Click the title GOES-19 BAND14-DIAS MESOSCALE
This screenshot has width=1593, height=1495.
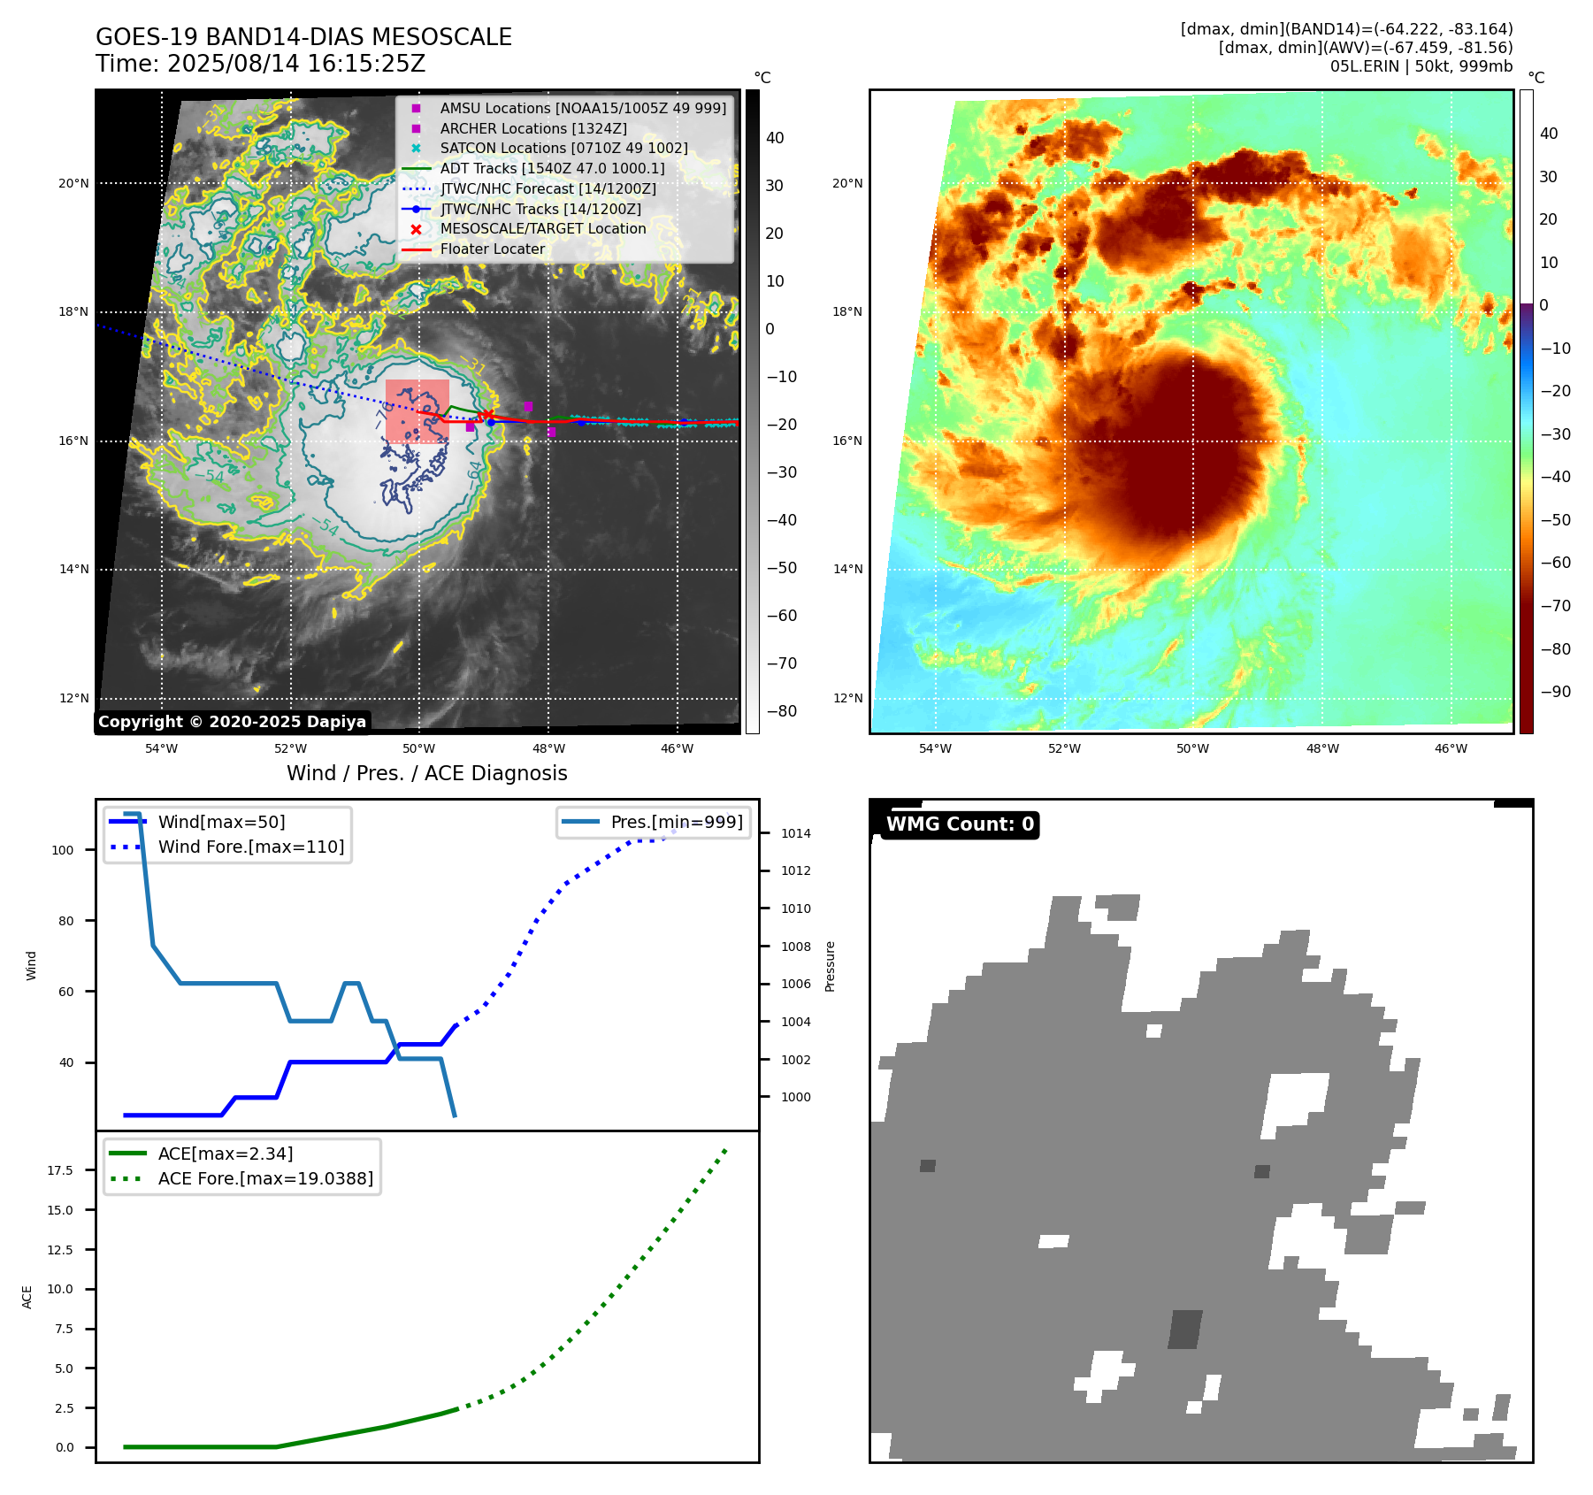click(x=303, y=37)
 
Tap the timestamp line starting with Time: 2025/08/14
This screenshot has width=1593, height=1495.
click(x=260, y=64)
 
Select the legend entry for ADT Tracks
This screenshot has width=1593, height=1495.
click(x=552, y=168)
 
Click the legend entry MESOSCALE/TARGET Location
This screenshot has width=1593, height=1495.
click(x=542, y=228)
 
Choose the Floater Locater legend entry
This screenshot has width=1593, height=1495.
click(x=492, y=249)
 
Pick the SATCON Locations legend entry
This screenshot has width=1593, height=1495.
click(x=563, y=148)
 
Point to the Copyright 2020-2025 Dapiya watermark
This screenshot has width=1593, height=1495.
click(x=232, y=722)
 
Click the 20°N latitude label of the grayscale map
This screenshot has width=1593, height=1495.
click(x=73, y=184)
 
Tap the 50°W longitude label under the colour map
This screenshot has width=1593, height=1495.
click(x=1192, y=748)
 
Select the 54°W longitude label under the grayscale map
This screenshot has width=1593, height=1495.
click(x=161, y=748)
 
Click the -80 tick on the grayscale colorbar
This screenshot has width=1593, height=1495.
click(x=781, y=711)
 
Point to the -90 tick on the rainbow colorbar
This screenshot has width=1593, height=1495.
click(x=1555, y=692)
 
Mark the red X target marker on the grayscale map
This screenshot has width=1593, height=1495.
click(x=486, y=415)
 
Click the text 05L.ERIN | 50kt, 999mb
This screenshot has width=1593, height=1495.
click(x=1421, y=66)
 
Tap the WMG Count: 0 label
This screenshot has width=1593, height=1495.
click(x=960, y=824)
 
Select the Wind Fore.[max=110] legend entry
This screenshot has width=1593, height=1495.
click(x=250, y=847)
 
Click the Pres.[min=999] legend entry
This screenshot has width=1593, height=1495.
click(x=676, y=822)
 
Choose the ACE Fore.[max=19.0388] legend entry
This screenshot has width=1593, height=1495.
click(x=265, y=1178)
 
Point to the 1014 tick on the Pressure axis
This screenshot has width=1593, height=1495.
click(x=795, y=833)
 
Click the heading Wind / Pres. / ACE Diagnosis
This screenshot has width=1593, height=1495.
click(x=426, y=773)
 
